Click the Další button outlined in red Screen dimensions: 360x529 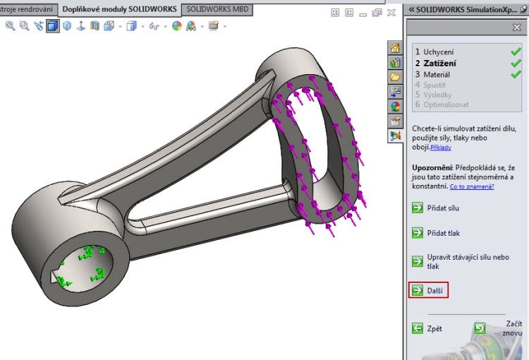tap(429, 290)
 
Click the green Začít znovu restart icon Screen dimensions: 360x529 tap(480, 328)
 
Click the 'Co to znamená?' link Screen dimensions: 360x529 tap(472, 186)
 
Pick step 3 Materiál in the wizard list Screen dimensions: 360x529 tap(436, 74)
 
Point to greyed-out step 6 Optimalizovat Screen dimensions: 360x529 tap(444, 104)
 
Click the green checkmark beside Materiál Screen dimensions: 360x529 tap(516, 74)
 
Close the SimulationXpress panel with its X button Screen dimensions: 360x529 tap(516, 27)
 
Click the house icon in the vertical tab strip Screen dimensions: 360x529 tap(395, 48)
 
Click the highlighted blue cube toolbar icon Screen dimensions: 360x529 tap(53, 26)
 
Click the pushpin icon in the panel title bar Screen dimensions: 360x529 tap(523, 9)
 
